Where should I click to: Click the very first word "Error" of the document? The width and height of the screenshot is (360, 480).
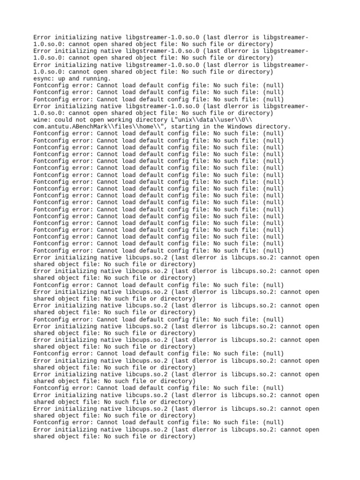click(43, 37)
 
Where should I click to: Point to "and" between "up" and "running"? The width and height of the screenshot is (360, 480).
click(74, 79)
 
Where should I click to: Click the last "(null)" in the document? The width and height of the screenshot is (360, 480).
click(274, 422)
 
